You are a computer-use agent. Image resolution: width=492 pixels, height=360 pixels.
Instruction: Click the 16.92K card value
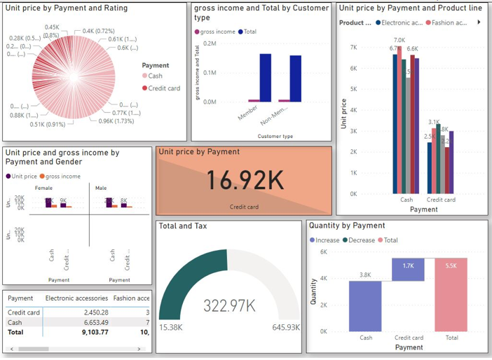[x=244, y=181]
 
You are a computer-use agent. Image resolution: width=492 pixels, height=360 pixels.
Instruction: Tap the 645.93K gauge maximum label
[x=286, y=328]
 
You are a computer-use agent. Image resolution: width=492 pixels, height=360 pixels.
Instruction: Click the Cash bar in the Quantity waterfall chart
[x=366, y=305]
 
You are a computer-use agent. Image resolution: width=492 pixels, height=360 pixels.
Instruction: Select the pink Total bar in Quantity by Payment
[x=451, y=294]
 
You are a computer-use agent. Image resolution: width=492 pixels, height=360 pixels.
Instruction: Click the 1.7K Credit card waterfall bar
[x=409, y=270]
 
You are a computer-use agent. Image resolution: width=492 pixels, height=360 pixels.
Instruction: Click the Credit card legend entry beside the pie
[x=164, y=88]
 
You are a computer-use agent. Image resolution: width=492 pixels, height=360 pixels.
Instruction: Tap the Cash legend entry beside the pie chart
[x=155, y=76]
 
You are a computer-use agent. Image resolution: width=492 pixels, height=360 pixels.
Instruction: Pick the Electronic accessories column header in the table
[x=76, y=298]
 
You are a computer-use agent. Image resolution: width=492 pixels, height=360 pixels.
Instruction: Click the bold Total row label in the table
[x=15, y=332]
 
